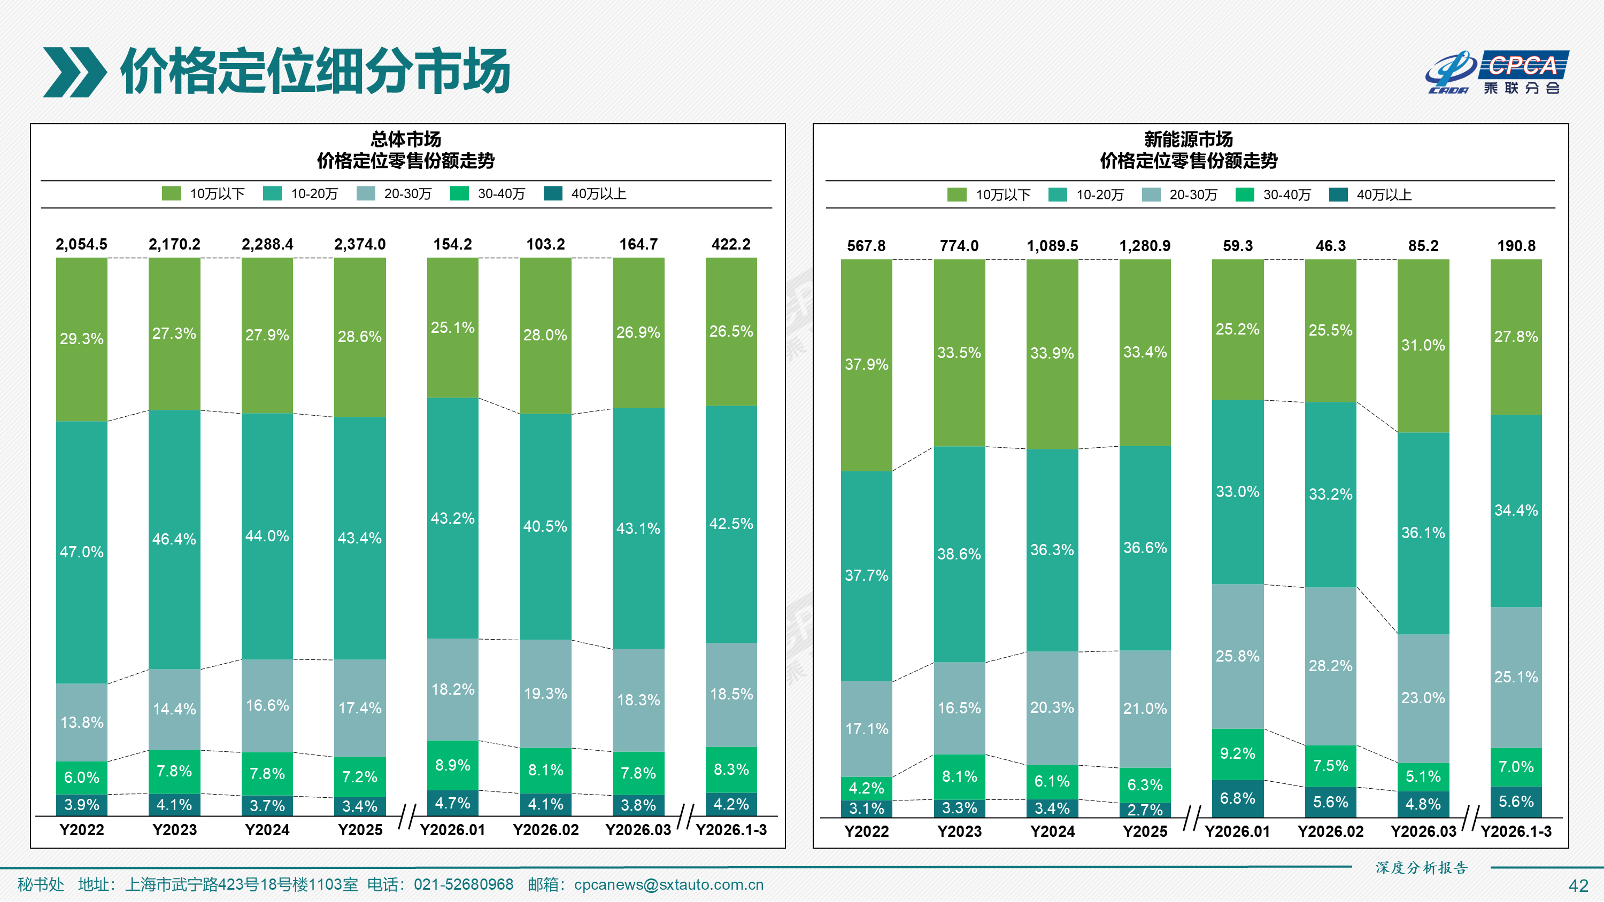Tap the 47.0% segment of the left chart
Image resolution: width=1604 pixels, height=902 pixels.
(82, 552)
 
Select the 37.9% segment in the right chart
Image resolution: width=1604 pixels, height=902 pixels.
(866, 365)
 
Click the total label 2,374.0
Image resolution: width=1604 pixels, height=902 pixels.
(360, 245)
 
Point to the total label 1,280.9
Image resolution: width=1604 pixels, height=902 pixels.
(1145, 246)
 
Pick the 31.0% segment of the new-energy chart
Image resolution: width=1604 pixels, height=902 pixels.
(1423, 346)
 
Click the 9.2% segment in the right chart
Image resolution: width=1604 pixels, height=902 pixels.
(1237, 754)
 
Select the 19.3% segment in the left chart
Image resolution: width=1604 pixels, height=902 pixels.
(545, 694)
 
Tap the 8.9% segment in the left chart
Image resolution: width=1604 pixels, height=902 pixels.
(453, 765)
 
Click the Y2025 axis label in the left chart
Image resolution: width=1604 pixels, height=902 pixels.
(360, 830)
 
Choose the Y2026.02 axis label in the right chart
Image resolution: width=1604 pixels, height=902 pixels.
(1330, 831)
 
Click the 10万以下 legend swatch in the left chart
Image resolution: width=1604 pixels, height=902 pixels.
(171, 193)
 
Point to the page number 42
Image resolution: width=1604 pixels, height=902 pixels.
(1578, 886)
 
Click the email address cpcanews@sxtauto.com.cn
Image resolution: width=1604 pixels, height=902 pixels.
(668, 884)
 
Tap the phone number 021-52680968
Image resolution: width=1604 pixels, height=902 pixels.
(463, 884)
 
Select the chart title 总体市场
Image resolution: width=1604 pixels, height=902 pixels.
(405, 139)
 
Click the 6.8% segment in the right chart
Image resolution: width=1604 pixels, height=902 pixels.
(1237, 799)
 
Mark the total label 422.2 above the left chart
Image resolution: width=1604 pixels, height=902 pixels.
(731, 245)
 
